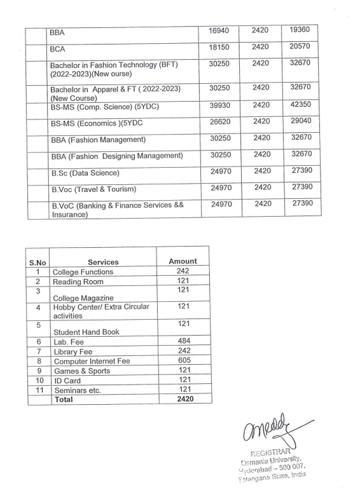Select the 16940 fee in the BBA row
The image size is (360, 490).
(223, 30)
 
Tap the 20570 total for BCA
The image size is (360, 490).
(301, 48)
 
